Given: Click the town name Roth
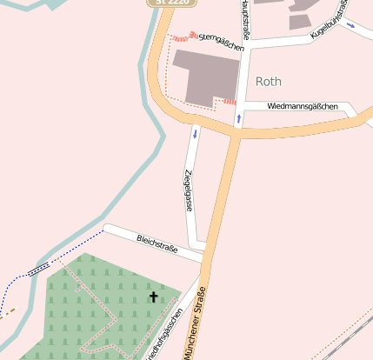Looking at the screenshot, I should click(x=269, y=81).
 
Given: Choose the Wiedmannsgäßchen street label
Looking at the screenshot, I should click(x=303, y=106).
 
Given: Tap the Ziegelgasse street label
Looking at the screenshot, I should click(x=187, y=190).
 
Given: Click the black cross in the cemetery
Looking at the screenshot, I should click(x=155, y=297).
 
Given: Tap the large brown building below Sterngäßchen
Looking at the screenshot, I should click(x=206, y=73).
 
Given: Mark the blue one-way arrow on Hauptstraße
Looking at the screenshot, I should click(x=238, y=117).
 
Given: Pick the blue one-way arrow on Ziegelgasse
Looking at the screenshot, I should click(x=195, y=133).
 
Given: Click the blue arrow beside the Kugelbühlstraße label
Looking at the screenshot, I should click(x=350, y=25).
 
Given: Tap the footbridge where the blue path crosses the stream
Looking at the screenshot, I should click(x=38, y=269).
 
